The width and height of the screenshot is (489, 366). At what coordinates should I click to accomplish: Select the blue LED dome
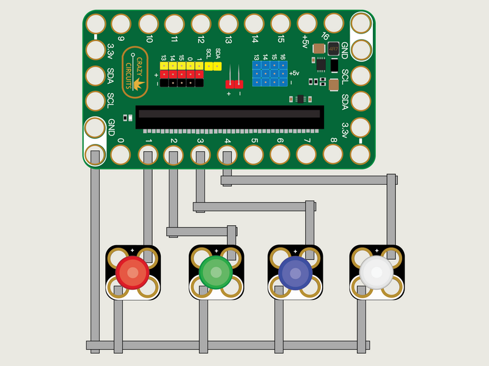click(x=295, y=271)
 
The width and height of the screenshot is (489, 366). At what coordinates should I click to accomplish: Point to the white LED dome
click(x=377, y=271)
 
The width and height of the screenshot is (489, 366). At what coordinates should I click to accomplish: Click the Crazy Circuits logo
click(x=135, y=73)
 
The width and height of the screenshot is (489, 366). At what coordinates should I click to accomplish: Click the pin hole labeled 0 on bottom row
click(x=120, y=154)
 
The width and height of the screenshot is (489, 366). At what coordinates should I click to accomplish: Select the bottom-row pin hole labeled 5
click(x=253, y=154)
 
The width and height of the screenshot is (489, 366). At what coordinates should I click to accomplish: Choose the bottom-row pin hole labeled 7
click(x=306, y=154)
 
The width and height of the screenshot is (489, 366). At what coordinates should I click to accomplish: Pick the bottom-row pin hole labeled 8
click(x=333, y=154)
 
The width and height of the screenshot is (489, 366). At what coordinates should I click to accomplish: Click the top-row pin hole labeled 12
click(x=201, y=24)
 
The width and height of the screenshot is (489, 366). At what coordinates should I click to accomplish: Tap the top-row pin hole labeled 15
click(x=281, y=24)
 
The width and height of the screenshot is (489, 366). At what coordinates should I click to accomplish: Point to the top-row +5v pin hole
click(x=307, y=24)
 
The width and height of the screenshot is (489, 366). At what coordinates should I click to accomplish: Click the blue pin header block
click(x=270, y=73)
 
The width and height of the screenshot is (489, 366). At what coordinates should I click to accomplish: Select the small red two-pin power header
click(x=234, y=84)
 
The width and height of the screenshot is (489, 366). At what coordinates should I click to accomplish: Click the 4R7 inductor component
click(x=334, y=48)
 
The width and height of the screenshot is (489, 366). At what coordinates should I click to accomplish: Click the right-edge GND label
click(x=345, y=50)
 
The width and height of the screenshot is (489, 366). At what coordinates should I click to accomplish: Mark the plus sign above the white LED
click(x=377, y=251)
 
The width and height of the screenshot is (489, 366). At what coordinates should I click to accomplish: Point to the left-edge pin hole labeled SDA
click(x=95, y=76)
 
